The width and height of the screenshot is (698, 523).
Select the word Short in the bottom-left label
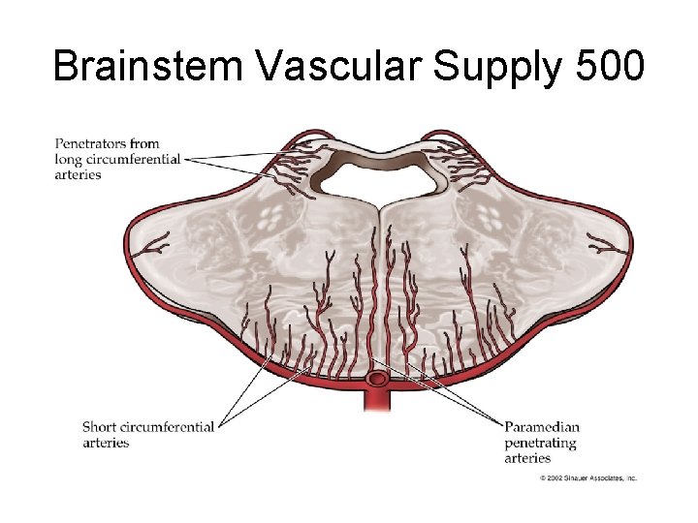pyautogui.click(x=100, y=427)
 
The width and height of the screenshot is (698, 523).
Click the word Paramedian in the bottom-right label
pyautogui.click(x=542, y=427)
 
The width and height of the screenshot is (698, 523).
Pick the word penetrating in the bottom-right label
pyautogui.click(x=540, y=443)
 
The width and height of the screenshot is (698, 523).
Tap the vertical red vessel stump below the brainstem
pyautogui.click(x=377, y=399)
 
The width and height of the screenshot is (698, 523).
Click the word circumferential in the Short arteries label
pyautogui.click(x=168, y=427)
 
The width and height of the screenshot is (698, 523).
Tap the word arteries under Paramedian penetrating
pyautogui.click(x=527, y=458)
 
